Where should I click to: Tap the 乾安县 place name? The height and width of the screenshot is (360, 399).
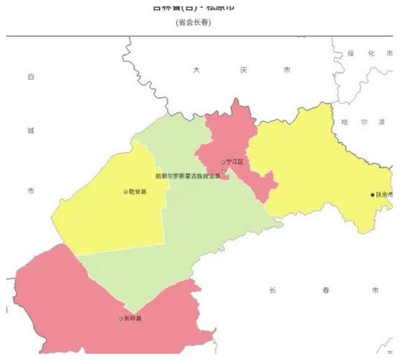point(139,192)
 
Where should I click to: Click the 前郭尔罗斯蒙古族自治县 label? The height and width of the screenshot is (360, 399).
point(188,176)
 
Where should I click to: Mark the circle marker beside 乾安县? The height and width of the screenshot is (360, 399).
point(125,192)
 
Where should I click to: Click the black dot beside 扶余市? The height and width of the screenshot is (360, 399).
point(372,194)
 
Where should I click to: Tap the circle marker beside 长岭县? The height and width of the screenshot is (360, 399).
point(120,318)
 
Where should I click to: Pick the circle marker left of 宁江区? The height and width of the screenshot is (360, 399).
point(223,162)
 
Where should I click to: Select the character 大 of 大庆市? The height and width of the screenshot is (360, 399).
point(196,70)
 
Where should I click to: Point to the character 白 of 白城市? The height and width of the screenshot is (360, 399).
point(31,76)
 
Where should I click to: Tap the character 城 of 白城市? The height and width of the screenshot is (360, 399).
point(31,131)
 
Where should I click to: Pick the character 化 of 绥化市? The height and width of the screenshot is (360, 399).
point(369,53)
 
